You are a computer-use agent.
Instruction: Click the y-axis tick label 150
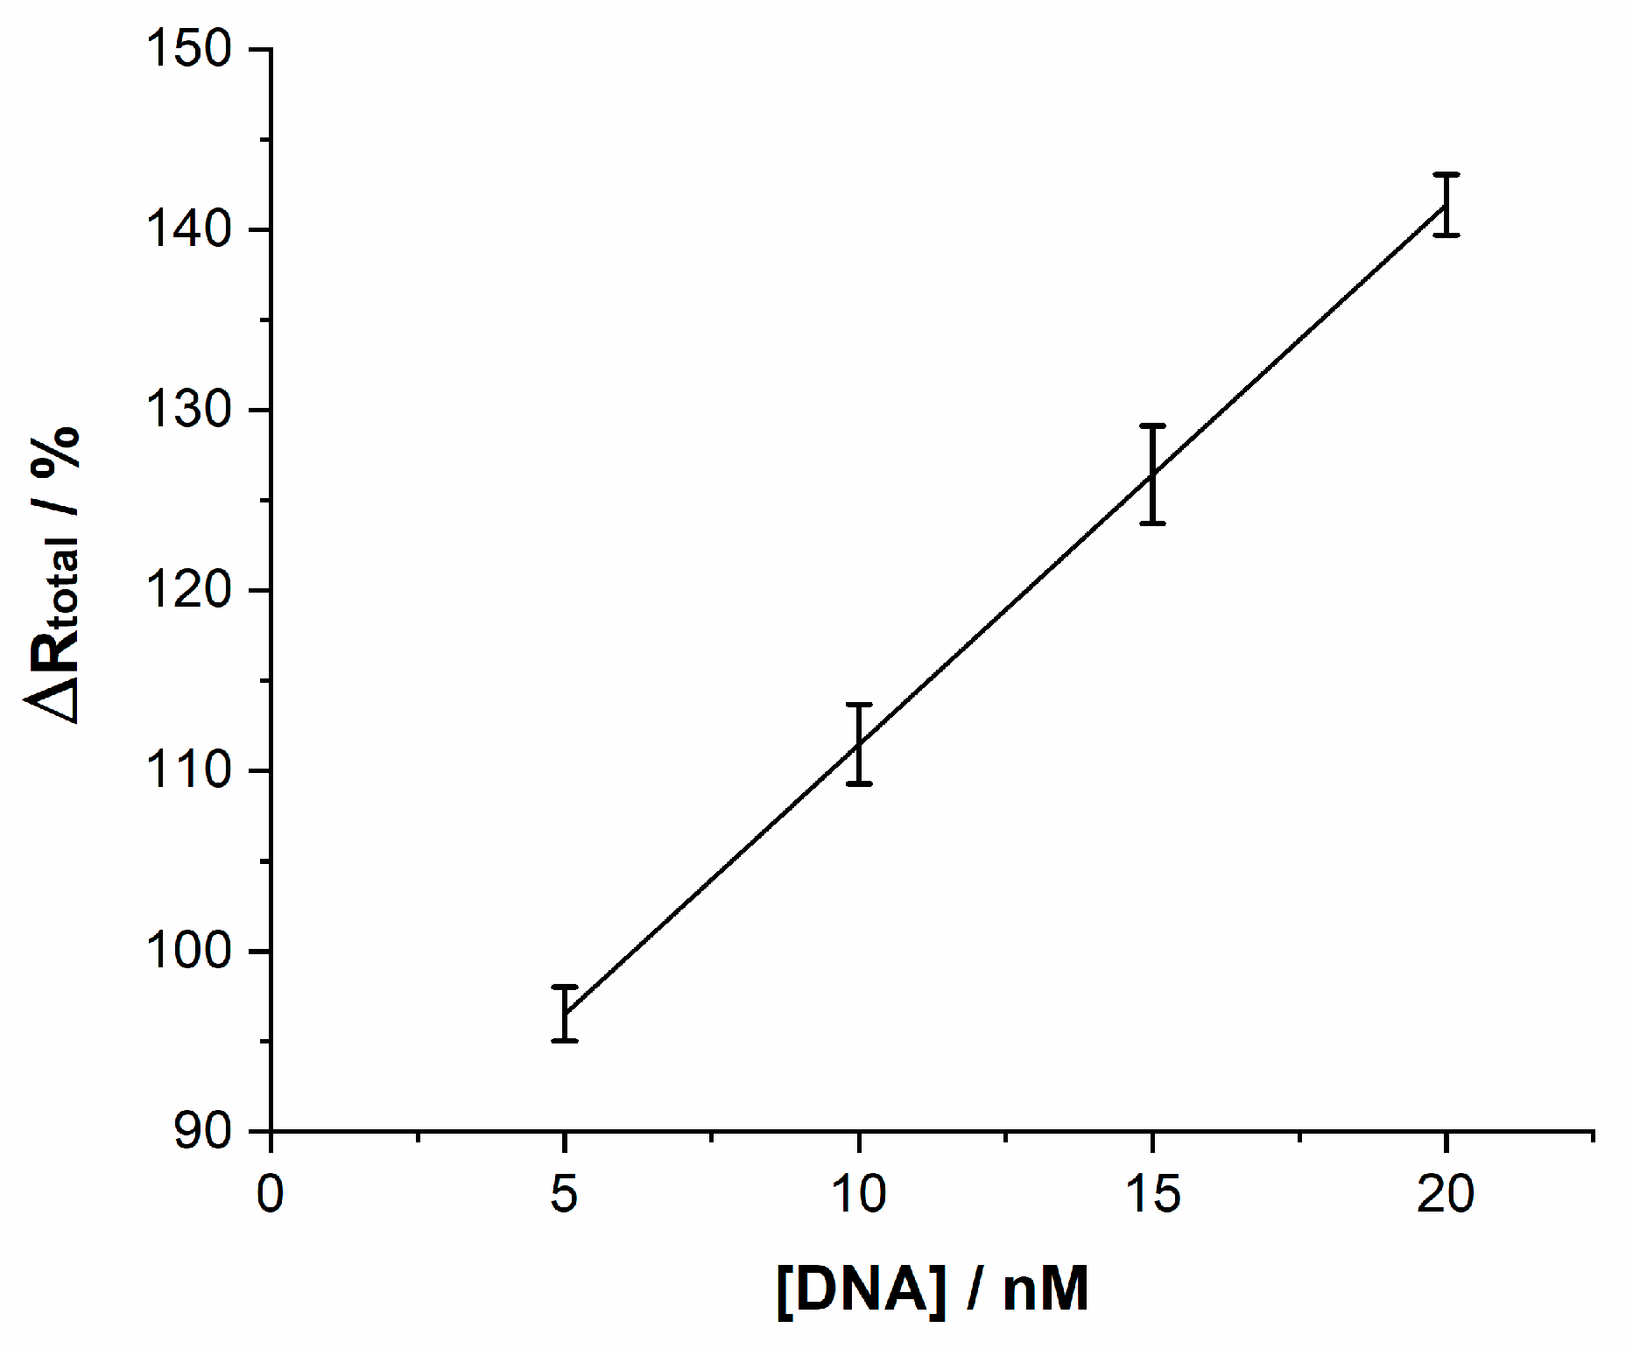pyautogui.click(x=188, y=49)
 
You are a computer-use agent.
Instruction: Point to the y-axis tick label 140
pyautogui.click(x=188, y=229)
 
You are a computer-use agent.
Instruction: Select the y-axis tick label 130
pyautogui.click(x=188, y=410)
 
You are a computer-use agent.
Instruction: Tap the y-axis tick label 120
pyautogui.click(x=188, y=590)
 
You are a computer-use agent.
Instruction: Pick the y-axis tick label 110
pyautogui.click(x=188, y=770)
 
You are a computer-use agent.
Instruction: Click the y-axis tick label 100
pyautogui.click(x=188, y=951)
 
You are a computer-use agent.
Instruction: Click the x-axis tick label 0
pyautogui.click(x=271, y=1194)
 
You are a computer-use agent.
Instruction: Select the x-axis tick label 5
pyautogui.click(x=565, y=1194)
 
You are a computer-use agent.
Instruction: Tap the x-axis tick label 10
pyautogui.click(x=859, y=1194)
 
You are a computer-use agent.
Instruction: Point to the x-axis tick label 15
pyautogui.click(x=1153, y=1194)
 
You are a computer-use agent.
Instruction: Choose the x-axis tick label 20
pyautogui.click(x=1446, y=1194)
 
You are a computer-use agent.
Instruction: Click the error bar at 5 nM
pyautogui.click(x=565, y=1013)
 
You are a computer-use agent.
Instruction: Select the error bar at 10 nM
pyautogui.click(x=859, y=744)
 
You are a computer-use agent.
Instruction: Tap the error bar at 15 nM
pyautogui.click(x=1153, y=474)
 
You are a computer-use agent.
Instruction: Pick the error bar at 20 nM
pyautogui.click(x=1446, y=205)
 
